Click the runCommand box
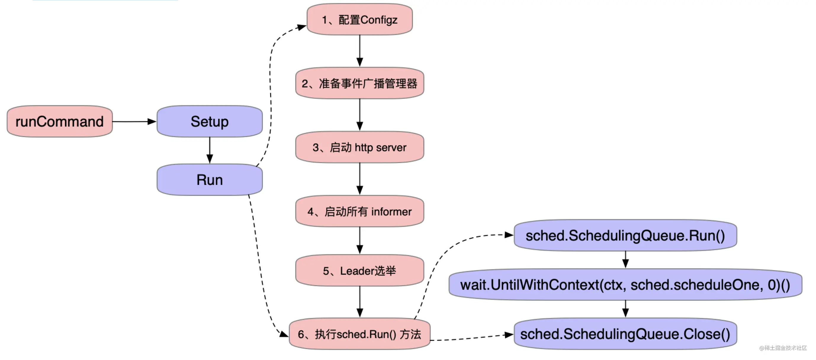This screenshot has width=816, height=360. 60,121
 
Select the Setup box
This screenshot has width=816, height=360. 209,121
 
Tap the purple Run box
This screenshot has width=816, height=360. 209,179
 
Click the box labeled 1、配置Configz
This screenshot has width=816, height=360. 359,20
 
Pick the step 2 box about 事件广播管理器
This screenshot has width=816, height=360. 359,83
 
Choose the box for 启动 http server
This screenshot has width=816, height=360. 359,147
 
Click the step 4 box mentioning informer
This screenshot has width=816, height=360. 359,211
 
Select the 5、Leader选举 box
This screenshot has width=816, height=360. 359,271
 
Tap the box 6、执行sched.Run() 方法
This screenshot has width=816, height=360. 359,334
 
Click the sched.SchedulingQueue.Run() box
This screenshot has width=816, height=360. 625,236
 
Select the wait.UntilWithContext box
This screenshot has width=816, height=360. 625,285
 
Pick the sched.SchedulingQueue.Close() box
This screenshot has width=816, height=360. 625,334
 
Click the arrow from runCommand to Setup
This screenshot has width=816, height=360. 134,121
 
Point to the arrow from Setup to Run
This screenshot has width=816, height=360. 209,150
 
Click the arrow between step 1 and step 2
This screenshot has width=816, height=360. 359,51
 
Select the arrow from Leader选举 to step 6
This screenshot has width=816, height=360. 359,302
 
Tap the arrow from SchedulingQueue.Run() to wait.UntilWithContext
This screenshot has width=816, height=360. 625,260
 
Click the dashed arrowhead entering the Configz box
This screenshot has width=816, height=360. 301,27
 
